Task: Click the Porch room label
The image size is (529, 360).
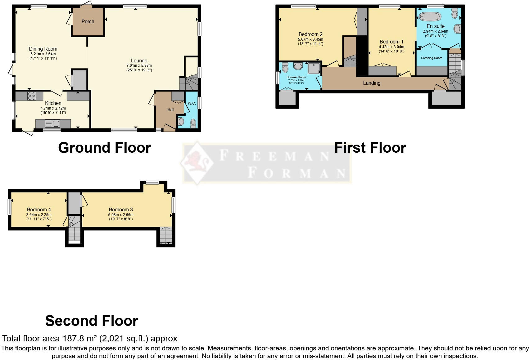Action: coord(88,21)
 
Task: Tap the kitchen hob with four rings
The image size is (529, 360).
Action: coord(31,96)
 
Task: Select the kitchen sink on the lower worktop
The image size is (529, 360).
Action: coord(52,124)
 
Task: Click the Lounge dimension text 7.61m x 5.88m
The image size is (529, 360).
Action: coord(139,65)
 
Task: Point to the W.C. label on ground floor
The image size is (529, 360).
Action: coord(192,103)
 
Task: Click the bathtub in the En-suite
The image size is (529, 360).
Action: coord(430,16)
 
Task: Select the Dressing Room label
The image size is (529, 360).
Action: coord(431,58)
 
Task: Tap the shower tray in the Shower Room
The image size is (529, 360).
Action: coord(314,68)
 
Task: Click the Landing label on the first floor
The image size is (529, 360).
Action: coord(372,83)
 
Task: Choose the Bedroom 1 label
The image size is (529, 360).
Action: coord(391,42)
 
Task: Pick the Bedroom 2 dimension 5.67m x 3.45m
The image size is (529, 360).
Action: coord(310,39)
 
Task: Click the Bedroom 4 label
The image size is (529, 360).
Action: coord(39,209)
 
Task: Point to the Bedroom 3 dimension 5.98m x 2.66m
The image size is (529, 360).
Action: coord(121,214)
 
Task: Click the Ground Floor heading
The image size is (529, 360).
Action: coord(104,148)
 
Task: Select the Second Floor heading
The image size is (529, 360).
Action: coord(92,321)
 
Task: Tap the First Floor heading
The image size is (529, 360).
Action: coord(370,148)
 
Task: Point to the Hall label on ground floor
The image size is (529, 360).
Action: coord(171,110)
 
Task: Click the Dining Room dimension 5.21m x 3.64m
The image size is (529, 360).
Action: coord(43,54)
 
